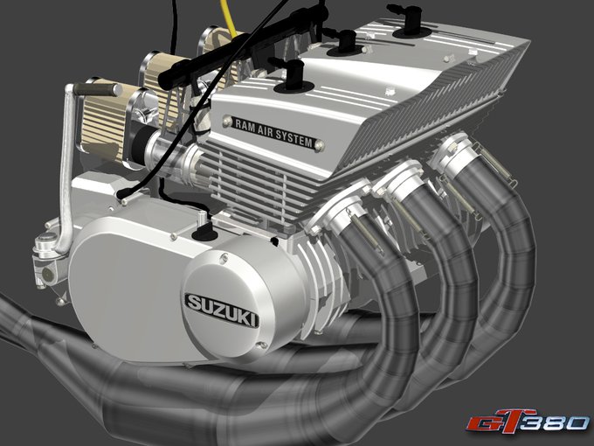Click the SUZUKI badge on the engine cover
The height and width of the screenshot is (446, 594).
point(222,310)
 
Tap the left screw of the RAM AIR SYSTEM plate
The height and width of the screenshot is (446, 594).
point(227,121)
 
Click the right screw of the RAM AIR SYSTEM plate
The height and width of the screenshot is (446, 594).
point(320,145)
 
